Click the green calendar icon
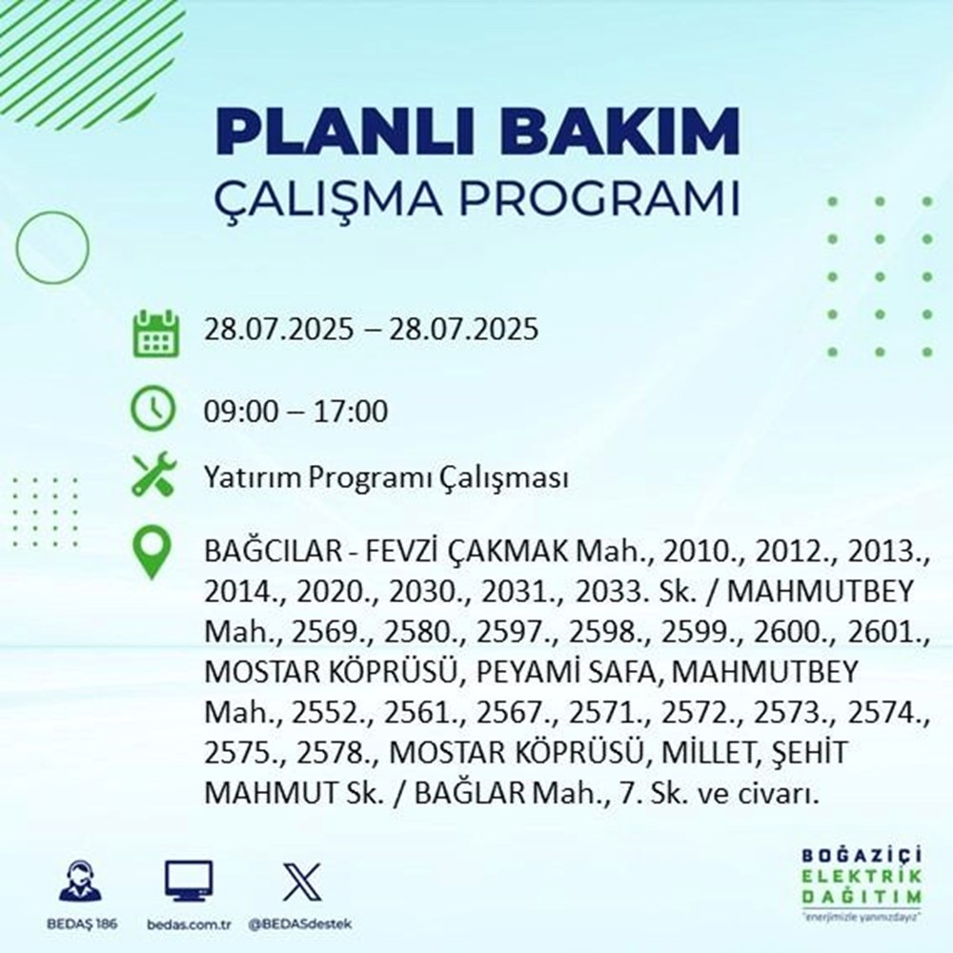tap(154, 333)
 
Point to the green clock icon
tap(153, 412)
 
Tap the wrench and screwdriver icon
tap(153, 475)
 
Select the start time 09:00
tap(238, 413)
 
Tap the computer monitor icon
tap(189, 882)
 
